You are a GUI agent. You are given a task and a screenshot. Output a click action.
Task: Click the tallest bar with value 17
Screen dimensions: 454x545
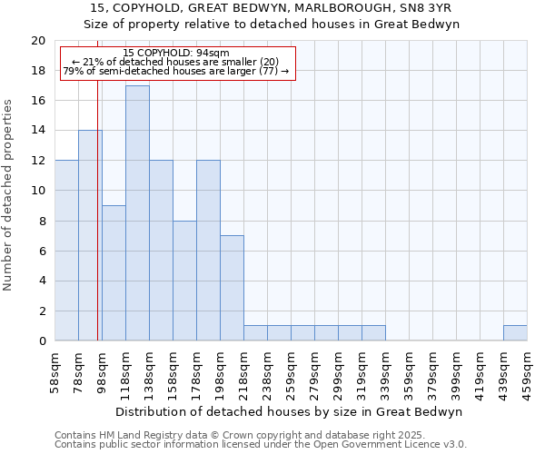(137, 213)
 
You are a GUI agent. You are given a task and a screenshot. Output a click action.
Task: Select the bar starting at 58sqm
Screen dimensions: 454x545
(66, 251)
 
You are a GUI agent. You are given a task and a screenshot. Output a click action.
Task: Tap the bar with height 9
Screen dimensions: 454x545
(114, 273)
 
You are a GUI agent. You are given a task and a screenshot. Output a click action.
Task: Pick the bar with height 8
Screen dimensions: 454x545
(184, 281)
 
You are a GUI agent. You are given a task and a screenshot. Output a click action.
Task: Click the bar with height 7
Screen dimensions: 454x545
(232, 288)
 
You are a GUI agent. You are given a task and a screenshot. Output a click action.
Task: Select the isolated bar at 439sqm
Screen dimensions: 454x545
(515, 333)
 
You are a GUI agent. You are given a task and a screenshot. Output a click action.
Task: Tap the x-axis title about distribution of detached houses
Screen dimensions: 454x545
(290, 411)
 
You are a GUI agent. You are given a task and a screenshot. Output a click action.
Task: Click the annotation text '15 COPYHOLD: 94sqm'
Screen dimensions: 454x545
(176, 54)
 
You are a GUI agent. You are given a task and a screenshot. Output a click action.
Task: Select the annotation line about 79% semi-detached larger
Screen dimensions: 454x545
(176, 71)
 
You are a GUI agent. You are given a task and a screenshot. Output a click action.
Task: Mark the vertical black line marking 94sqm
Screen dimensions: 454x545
(97, 227)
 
